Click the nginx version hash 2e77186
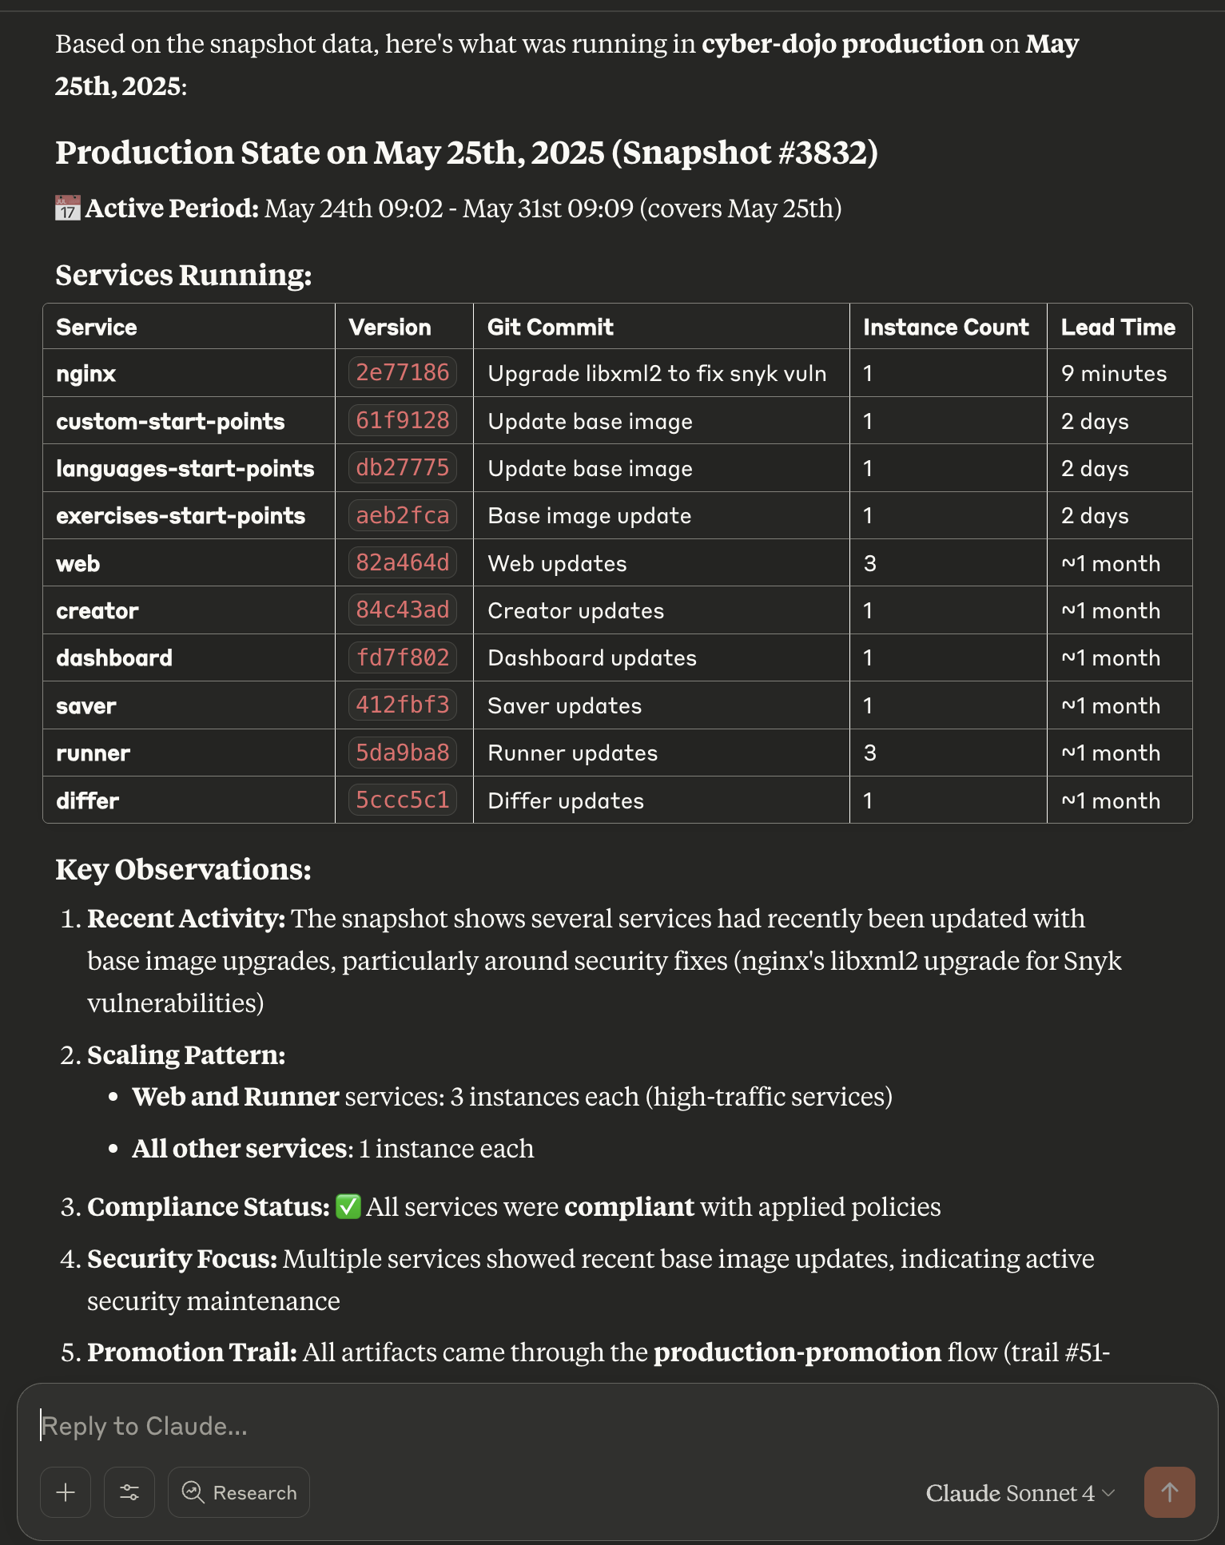(x=402, y=373)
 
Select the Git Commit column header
(x=550, y=327)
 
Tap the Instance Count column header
(x=945, y=327)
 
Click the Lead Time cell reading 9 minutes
(x=1113, y=374)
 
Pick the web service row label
(x=78, y=563)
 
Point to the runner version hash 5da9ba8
(x=402, y=753)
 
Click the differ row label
(x=87, y=800)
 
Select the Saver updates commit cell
(x=564, y=705)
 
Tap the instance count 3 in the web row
(x=869, y=563)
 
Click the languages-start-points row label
(x=185, y=468)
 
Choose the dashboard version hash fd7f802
(x=402, y=657)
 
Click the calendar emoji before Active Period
(x=68, y=209)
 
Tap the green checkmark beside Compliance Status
(x=348, y=1206)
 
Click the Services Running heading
(x=183, y=275)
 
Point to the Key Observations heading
(x=183, y=869)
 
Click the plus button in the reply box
(x=66, y=1491)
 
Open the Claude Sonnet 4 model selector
(x=1019, y=1492)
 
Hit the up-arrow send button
(x=1169, y=1491)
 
